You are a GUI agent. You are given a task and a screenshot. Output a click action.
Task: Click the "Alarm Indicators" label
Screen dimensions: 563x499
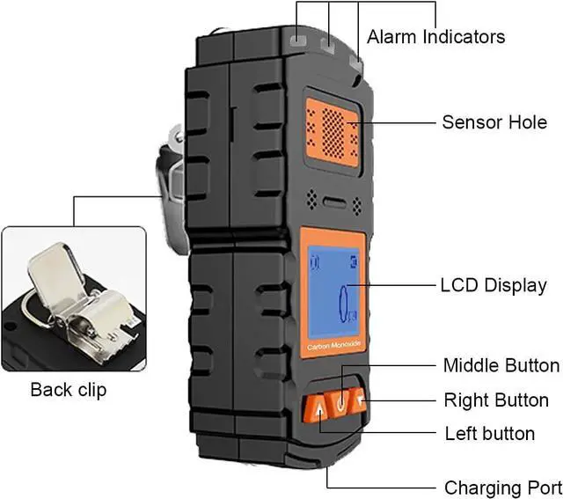coord(435,37)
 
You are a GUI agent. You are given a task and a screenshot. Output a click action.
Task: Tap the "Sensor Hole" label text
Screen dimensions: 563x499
coord(494,122)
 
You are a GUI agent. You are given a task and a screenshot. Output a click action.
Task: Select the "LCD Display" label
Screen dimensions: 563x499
coord(494,286)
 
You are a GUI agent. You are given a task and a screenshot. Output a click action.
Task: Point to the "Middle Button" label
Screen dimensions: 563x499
coord(501,365)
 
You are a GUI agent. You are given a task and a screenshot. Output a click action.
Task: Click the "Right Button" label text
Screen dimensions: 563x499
coord(496,400)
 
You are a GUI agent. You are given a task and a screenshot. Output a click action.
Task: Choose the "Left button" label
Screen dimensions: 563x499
coord(490,433)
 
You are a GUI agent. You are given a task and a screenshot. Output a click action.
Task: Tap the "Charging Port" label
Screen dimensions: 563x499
coord(503,488)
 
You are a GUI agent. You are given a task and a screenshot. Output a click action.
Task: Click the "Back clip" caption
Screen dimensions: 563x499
coord(69,390)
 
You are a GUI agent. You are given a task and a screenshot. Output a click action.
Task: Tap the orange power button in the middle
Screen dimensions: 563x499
coord(340,404)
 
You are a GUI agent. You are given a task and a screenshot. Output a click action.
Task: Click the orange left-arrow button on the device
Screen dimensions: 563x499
coord(359,400)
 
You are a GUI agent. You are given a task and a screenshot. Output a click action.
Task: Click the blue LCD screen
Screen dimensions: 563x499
coord(334,292)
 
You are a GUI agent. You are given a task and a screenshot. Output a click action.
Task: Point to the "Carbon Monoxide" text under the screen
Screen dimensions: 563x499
coord(334,346)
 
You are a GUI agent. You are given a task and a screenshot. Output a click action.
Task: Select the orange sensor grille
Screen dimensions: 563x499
coord(333,133)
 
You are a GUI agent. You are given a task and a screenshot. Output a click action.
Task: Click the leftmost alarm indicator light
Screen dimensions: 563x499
coord(298,40)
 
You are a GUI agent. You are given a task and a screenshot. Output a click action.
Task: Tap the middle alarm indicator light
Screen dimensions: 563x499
coord(328,47)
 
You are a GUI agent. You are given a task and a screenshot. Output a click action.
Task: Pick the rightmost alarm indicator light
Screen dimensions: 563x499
coord(356,63)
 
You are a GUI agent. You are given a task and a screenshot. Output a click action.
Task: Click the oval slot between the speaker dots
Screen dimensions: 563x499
coord(335,202)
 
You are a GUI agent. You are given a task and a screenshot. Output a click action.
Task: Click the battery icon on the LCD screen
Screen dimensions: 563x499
coord(354,262)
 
